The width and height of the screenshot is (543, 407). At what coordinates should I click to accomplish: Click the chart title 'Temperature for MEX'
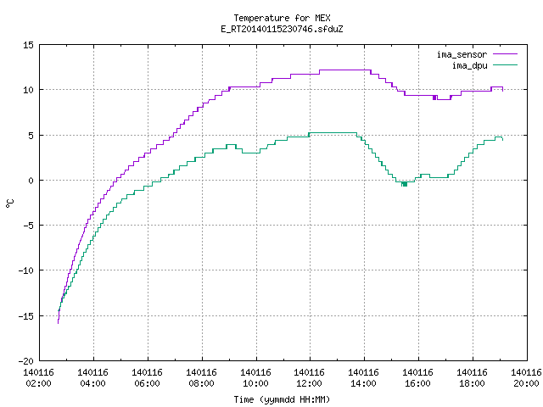[x=282, y=18]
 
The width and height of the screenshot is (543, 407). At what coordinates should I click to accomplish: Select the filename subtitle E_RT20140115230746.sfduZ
[x=282, y=29]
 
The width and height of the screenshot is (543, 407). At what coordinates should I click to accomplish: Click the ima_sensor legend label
[x=462, y=54]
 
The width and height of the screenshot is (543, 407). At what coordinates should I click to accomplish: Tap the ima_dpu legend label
[x=469, y=65]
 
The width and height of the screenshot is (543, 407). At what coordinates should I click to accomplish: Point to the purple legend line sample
[x=505, y=54]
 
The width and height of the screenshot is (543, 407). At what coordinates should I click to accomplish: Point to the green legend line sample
[x=505, y=64]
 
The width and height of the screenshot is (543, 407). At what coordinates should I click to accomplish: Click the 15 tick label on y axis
[x=28, y=45]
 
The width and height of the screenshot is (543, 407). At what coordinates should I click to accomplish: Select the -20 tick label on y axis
[x=26, y=361]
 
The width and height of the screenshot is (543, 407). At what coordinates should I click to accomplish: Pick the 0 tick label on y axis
[x=31, y=181]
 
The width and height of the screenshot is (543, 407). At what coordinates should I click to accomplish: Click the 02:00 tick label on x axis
[x=38, y=383]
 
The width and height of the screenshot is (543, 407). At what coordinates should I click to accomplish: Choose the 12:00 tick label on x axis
[x=309, y=383]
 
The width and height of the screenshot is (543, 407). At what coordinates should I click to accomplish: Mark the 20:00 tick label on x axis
[x=526, y=383]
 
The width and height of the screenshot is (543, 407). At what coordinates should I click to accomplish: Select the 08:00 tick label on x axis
[x=201, y=383]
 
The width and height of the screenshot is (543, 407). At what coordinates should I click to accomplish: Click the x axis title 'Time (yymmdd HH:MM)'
[x=282, y=399]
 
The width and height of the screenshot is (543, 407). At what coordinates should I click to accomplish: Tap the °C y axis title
[x=10, y=203]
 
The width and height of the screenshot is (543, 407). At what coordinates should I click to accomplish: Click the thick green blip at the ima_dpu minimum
[x=404, y=184]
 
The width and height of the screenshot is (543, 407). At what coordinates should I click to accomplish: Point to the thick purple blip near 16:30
[x=434, y=98]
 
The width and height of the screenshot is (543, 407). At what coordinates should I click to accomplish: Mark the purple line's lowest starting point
[x=58, y=323]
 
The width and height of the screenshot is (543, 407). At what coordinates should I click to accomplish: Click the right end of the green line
[x=503, y=140]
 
